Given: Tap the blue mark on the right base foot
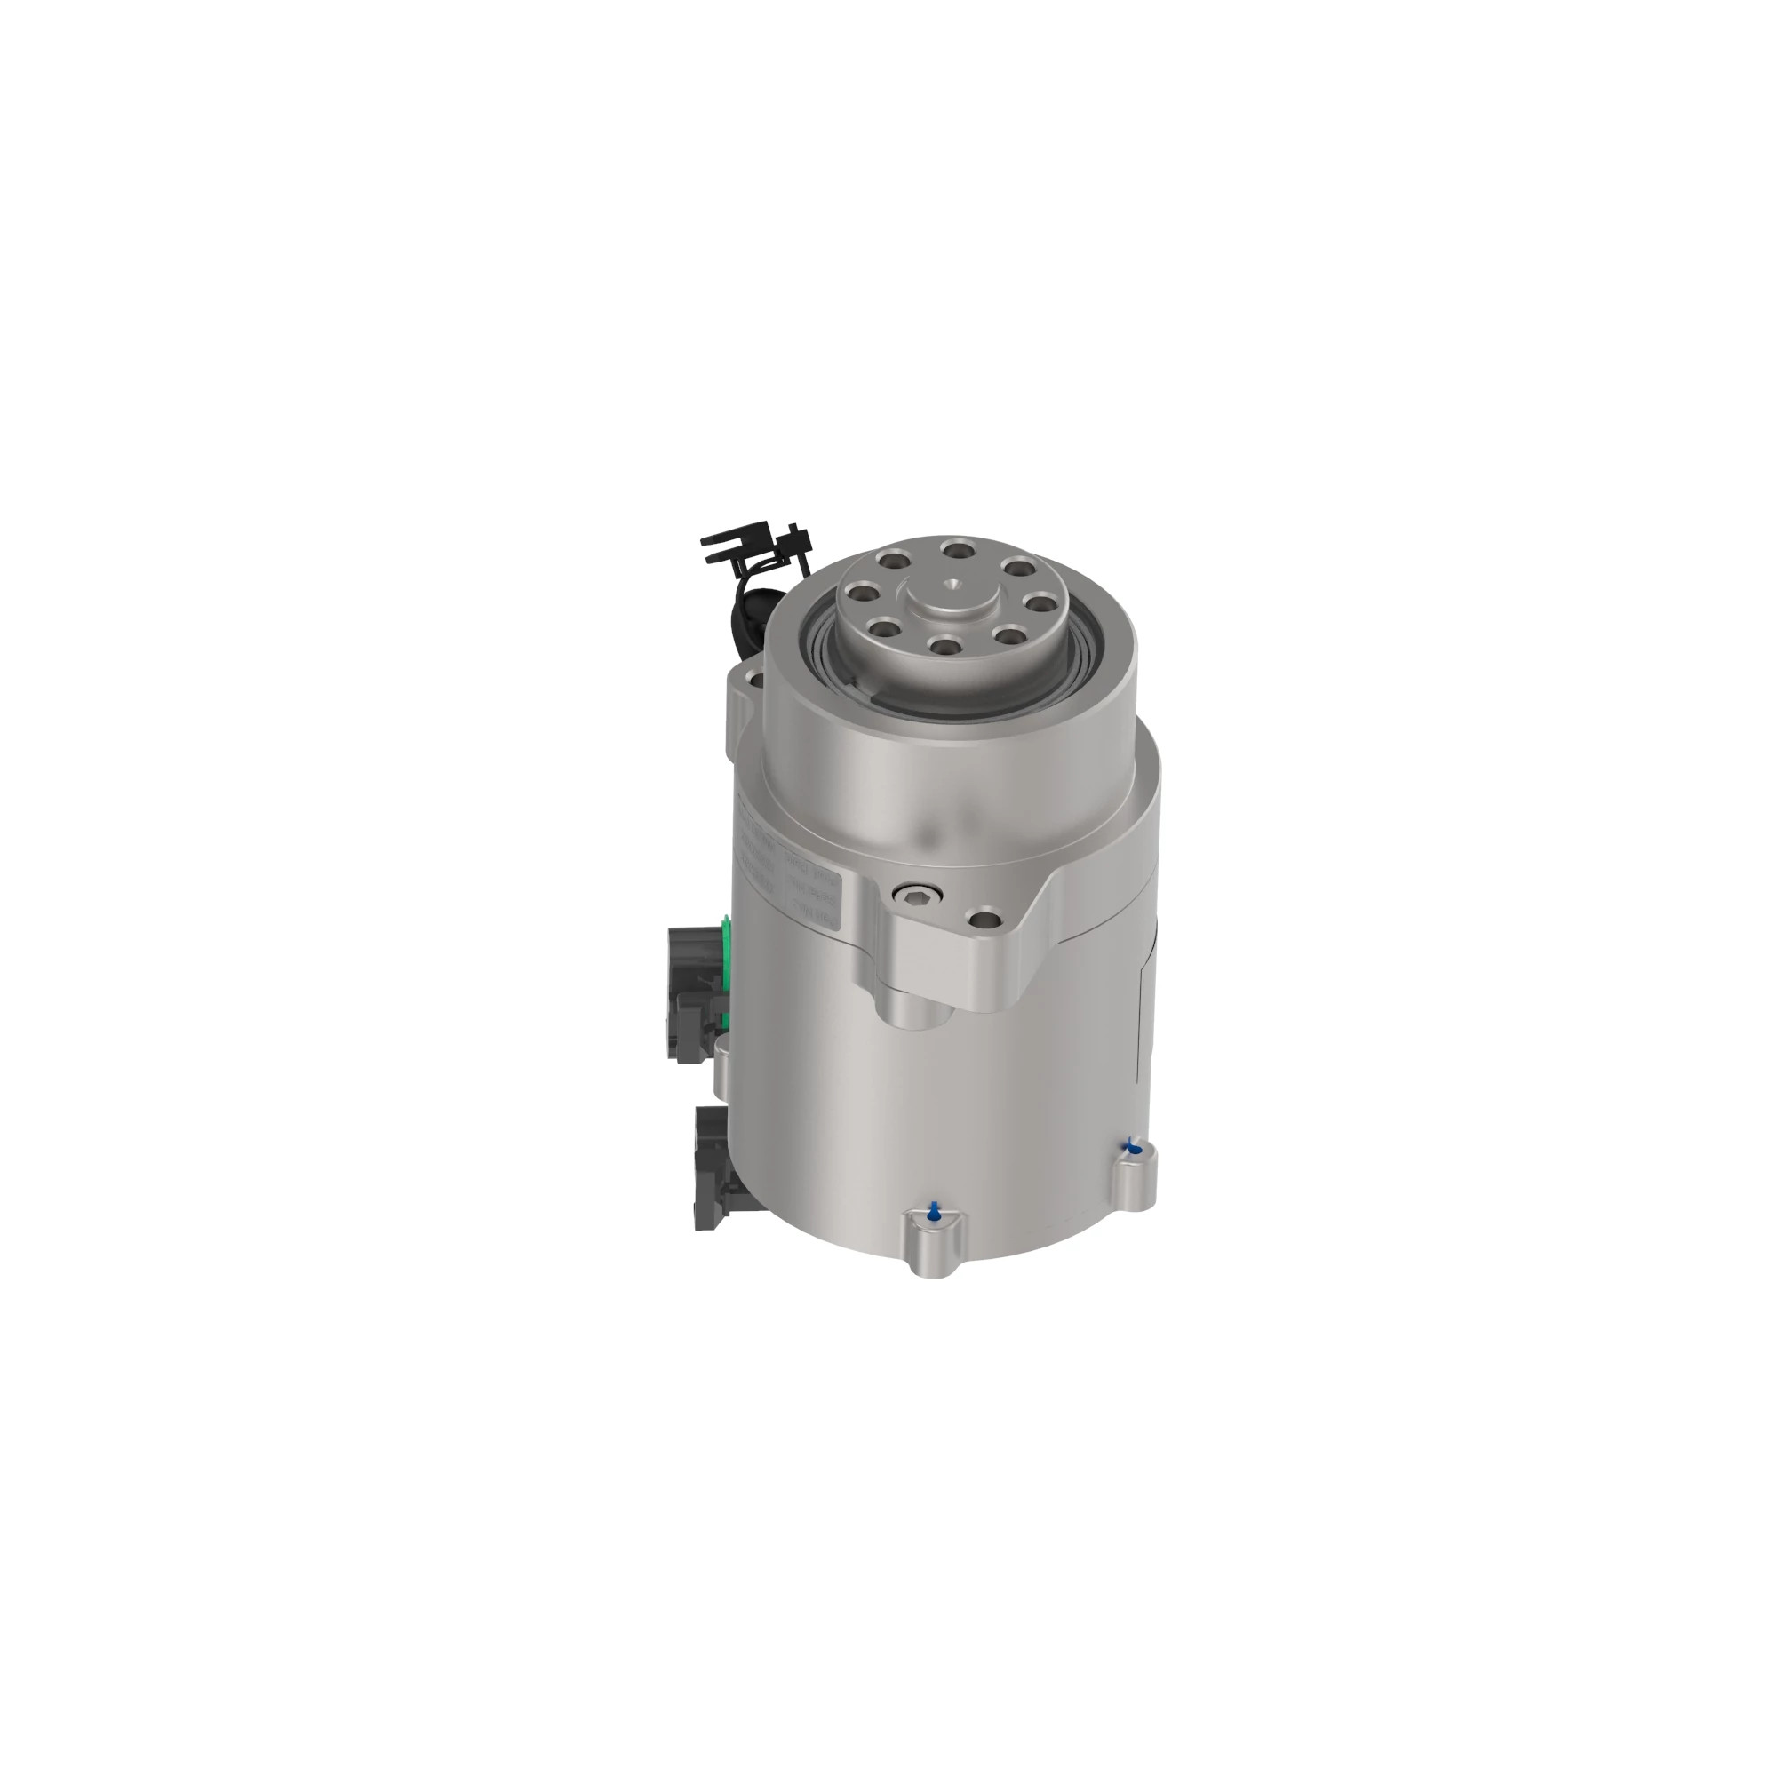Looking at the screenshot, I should click(1133, 1147).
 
